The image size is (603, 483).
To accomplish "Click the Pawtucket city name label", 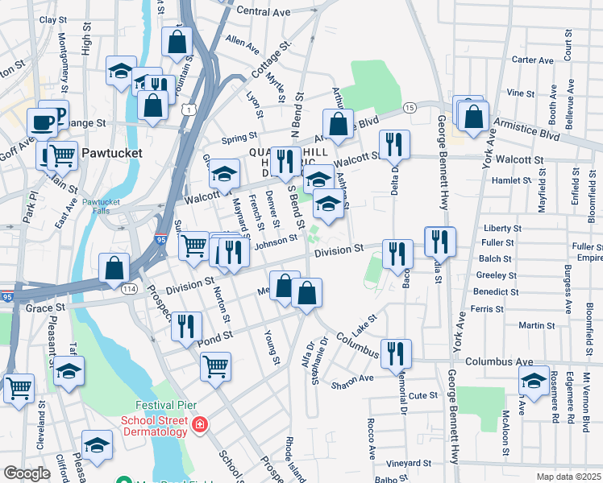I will point(111,152).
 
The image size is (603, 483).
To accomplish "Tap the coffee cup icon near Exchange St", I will point(42,123).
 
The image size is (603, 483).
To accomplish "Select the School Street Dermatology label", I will point(154,426).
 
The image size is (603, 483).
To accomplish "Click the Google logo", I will point(27,473).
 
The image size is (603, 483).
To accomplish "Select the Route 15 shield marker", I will point(410,107).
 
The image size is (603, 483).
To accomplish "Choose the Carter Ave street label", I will point(533,60).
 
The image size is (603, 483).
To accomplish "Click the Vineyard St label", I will point(408,464).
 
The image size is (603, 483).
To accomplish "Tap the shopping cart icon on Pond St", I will point(215,366).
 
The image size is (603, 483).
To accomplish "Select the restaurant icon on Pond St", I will point(186,325).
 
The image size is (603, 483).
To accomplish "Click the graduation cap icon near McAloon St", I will point(534,379).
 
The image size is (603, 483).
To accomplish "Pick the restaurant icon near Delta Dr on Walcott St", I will point(394,144).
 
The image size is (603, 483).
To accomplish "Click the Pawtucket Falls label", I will point(101,207).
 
